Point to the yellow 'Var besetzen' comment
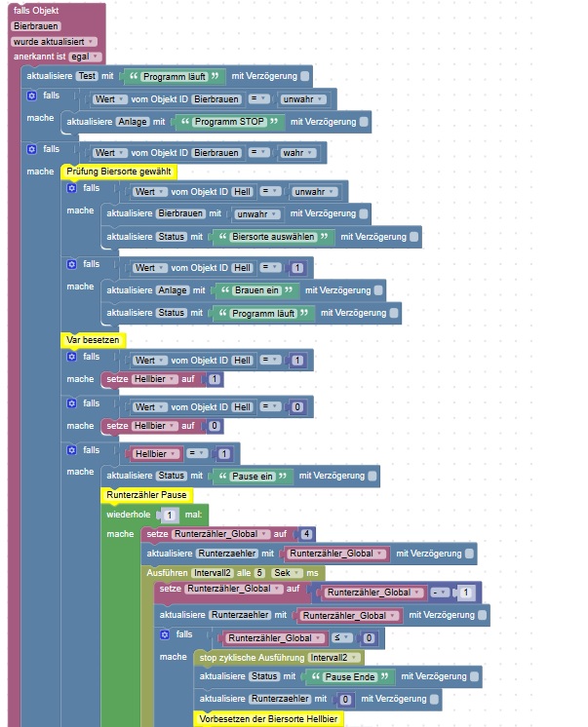pos(92,340)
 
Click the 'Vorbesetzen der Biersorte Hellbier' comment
pos(270,719)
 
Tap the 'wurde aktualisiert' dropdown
pos(54,42)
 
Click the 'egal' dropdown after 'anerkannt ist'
pos(84,57)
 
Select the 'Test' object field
pos(87,76)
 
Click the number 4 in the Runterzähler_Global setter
pos(307,534)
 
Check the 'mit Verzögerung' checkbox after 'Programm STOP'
pos(364,122)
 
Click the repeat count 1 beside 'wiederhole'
pos(169,514)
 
